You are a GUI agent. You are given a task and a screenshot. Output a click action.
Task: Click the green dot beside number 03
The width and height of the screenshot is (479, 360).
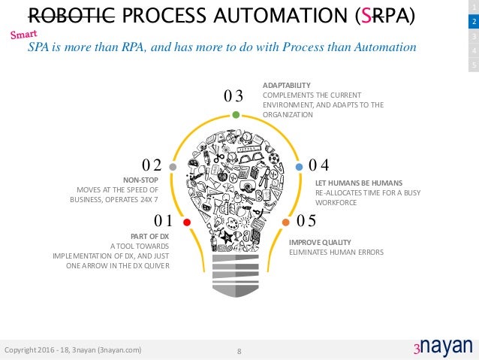click(236, 115)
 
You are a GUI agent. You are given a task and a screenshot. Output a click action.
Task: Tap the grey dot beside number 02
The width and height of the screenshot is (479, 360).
click(173, 166)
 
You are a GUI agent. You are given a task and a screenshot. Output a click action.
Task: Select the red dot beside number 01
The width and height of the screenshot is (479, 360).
click(186, 222)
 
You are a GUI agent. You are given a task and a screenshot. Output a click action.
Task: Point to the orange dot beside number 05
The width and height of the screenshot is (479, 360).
click(286, 222)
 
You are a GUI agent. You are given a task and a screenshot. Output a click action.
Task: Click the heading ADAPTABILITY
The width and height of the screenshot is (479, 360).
click(287, 86)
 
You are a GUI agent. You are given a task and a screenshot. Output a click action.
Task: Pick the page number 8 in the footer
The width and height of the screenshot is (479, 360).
click(239, 351)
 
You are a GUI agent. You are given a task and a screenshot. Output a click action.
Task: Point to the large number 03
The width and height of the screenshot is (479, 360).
click(234, 96)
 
